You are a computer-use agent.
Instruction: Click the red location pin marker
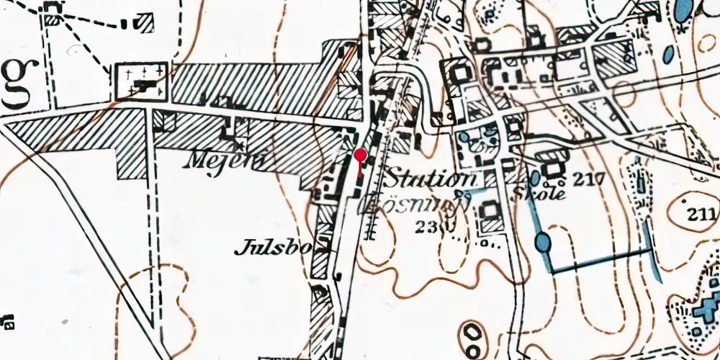pos(359,156)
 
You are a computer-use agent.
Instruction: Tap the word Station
pos(429,179)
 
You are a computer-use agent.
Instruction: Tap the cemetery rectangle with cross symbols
pos(140,82)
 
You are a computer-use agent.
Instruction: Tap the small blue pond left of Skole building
pos(535,177)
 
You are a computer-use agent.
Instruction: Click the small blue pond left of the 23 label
pos(462,194)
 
